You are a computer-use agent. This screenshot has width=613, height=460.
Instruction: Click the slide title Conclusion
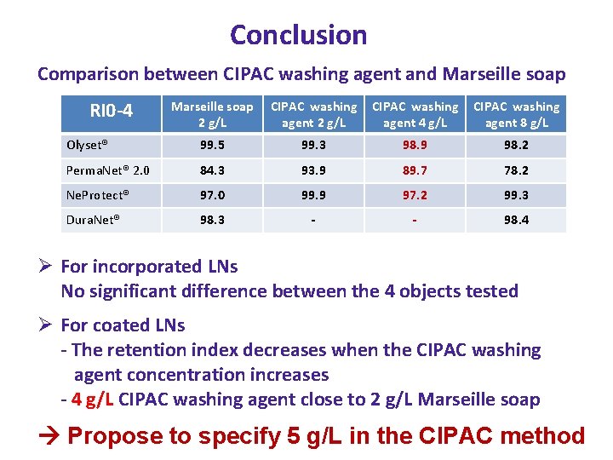click(x=298, y=35)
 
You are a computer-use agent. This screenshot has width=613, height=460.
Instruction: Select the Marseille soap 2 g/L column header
click(x=212, y=114)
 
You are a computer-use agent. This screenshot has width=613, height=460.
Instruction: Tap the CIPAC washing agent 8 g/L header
click(x=516, y=114)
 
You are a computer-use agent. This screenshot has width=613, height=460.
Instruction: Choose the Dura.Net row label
click(x=94, y=220)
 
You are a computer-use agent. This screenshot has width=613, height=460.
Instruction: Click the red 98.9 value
click(x=415, y=146)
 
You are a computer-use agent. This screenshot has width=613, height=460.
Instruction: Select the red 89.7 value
click(x=415, y=170)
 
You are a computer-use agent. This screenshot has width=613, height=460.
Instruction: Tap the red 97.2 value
click(x=415, y=195)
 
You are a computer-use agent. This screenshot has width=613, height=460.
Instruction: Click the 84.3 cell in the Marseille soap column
click(x=212, y=170)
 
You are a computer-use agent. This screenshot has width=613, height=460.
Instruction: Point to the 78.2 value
click(x=516, y=170)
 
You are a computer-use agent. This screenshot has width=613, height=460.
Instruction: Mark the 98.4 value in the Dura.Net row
click(x=516, y=220)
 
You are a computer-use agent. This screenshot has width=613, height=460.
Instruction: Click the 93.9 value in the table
click(x=313, y=170)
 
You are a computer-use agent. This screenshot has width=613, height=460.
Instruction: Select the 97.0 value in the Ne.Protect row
click(x=212, y=195)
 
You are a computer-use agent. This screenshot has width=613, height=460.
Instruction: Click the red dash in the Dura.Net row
click(x=415, y=220)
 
